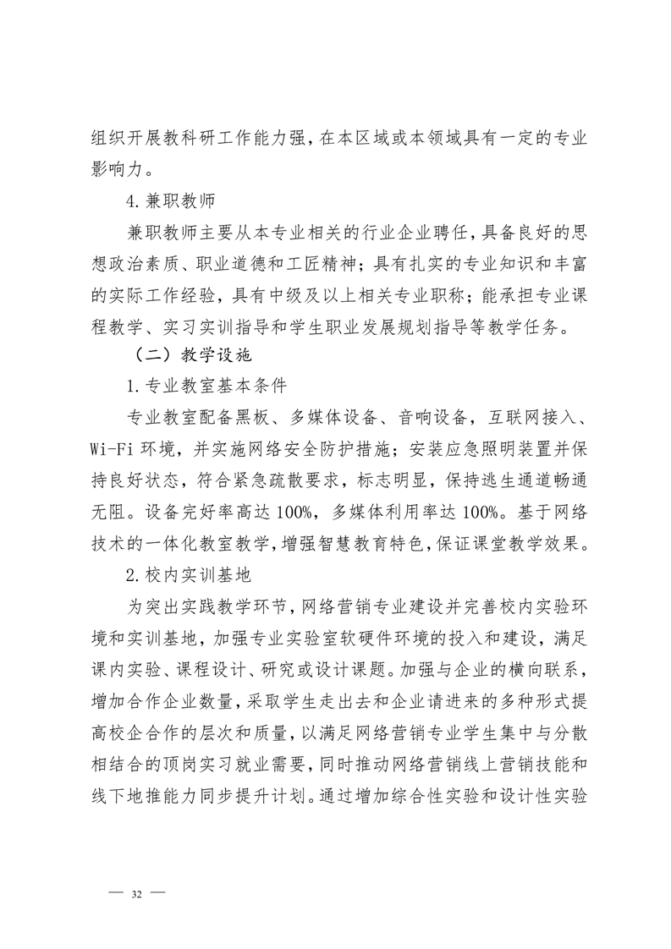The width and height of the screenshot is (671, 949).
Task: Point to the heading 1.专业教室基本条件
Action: tap(206, 387)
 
